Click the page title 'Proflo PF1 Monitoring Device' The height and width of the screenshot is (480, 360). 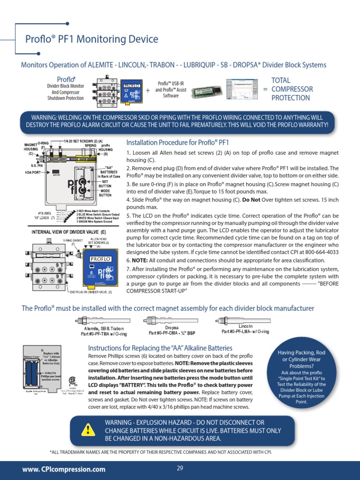pos(91,39)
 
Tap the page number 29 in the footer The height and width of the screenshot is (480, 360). pos(180,468)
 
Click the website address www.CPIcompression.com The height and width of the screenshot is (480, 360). pos(64,469)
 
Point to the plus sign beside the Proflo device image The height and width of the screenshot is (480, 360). pos(148,90)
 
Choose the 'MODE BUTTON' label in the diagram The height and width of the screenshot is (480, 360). pos(105,193)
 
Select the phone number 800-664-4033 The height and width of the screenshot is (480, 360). pos(322,252)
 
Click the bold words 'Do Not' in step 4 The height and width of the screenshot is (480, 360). pos(252,200)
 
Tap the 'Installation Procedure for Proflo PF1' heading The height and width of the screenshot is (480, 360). pos(178,142)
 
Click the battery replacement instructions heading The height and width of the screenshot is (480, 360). pos(160,348)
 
